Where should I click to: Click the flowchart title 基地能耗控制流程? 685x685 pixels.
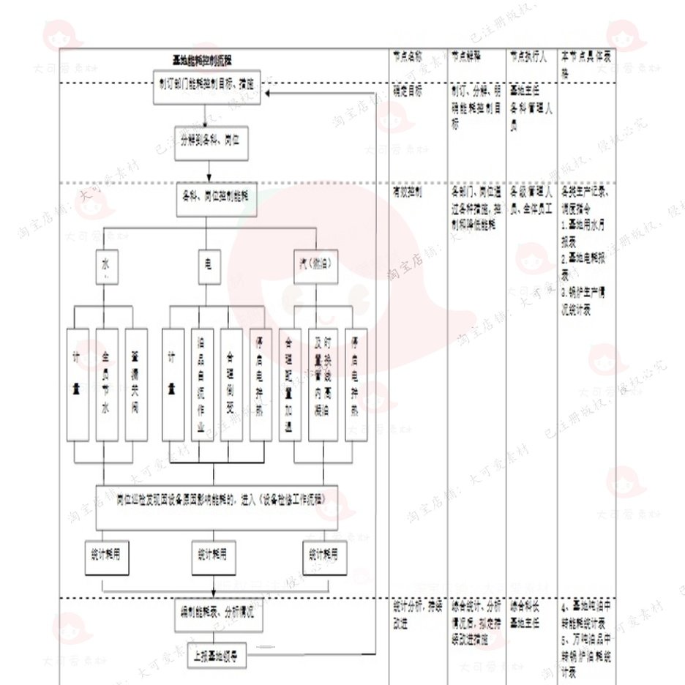202,61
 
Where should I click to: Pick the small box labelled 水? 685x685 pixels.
105,269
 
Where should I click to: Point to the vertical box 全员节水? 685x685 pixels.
107,384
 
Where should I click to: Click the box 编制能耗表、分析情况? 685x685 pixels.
217,612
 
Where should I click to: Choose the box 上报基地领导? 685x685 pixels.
217,654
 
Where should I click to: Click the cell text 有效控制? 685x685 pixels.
407,192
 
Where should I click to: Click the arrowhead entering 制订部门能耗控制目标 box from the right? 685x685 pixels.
269,94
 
